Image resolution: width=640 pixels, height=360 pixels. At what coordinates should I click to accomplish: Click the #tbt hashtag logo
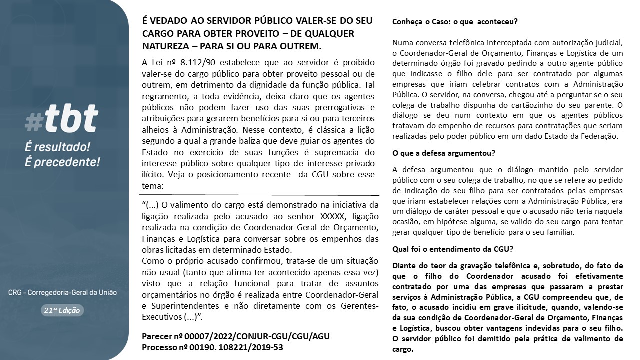[x=62, y=120]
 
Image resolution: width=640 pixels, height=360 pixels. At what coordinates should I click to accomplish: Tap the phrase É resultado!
[x=57, y=147]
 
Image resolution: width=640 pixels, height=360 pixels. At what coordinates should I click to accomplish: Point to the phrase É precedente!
[x=62, y=162]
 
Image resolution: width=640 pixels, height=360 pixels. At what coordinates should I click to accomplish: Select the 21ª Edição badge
[x=63, y=310]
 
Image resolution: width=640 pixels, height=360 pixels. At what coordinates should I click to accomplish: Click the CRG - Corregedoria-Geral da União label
[x=62, y=292]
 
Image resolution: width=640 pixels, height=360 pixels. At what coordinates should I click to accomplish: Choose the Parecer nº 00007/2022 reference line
[x=236, y=336]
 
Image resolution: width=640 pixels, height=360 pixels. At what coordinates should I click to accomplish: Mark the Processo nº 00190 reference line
[x=212, y=347]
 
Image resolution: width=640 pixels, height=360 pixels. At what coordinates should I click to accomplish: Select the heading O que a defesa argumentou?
[x=444, y=153]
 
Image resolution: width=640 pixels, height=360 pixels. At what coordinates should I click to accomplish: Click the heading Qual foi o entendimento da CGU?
[x=453, y=249]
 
